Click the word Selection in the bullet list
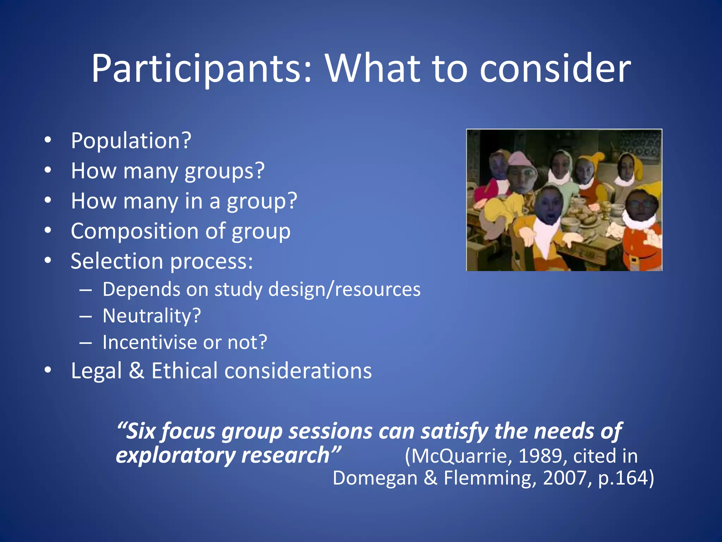[x=117, y=261]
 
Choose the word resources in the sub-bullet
[x=378, y=290]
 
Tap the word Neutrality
[x=148, y=316]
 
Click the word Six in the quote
[x=141, y=432]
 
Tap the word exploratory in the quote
[x=175, y=456]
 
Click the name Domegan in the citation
[x=375, y=478]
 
